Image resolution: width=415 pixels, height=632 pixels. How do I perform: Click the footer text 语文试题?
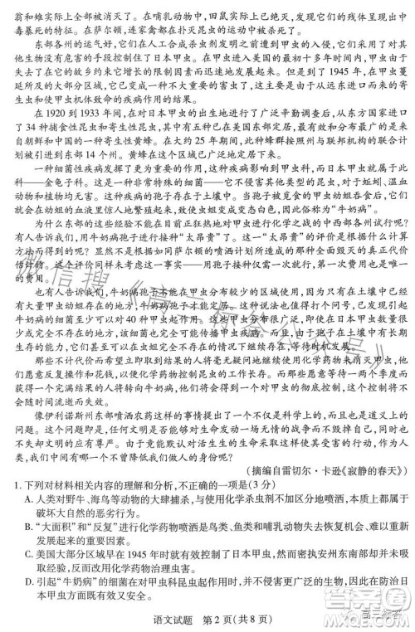pyautogui.click(x=163, y=615)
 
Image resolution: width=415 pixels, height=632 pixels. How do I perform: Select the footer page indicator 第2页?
pyautogui.click(x=201, y=615)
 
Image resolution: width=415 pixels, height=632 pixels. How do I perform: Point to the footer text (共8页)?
pyautogui.click(x=237, y=615)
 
